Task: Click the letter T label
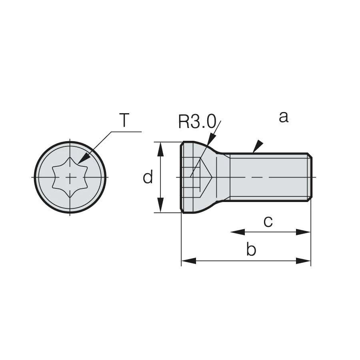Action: coord(124,120)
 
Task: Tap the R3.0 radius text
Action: coord(197,121)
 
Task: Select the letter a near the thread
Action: coord(283,117)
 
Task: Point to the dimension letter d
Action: coord(148,177)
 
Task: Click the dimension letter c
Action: coord(268,221)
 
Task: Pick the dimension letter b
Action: coord(251,250)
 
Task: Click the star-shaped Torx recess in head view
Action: coord(70,177)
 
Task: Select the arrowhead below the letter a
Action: coord(258,146)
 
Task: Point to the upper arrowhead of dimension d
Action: coord(160,149)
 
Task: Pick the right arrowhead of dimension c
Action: coord(304,232)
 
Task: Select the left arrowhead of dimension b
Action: coord(188,261)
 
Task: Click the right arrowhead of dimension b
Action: coord(304,261)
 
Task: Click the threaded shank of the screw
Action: coord(268,177)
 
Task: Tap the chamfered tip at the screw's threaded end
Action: coord(309,177)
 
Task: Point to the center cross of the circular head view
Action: coord(70,177)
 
